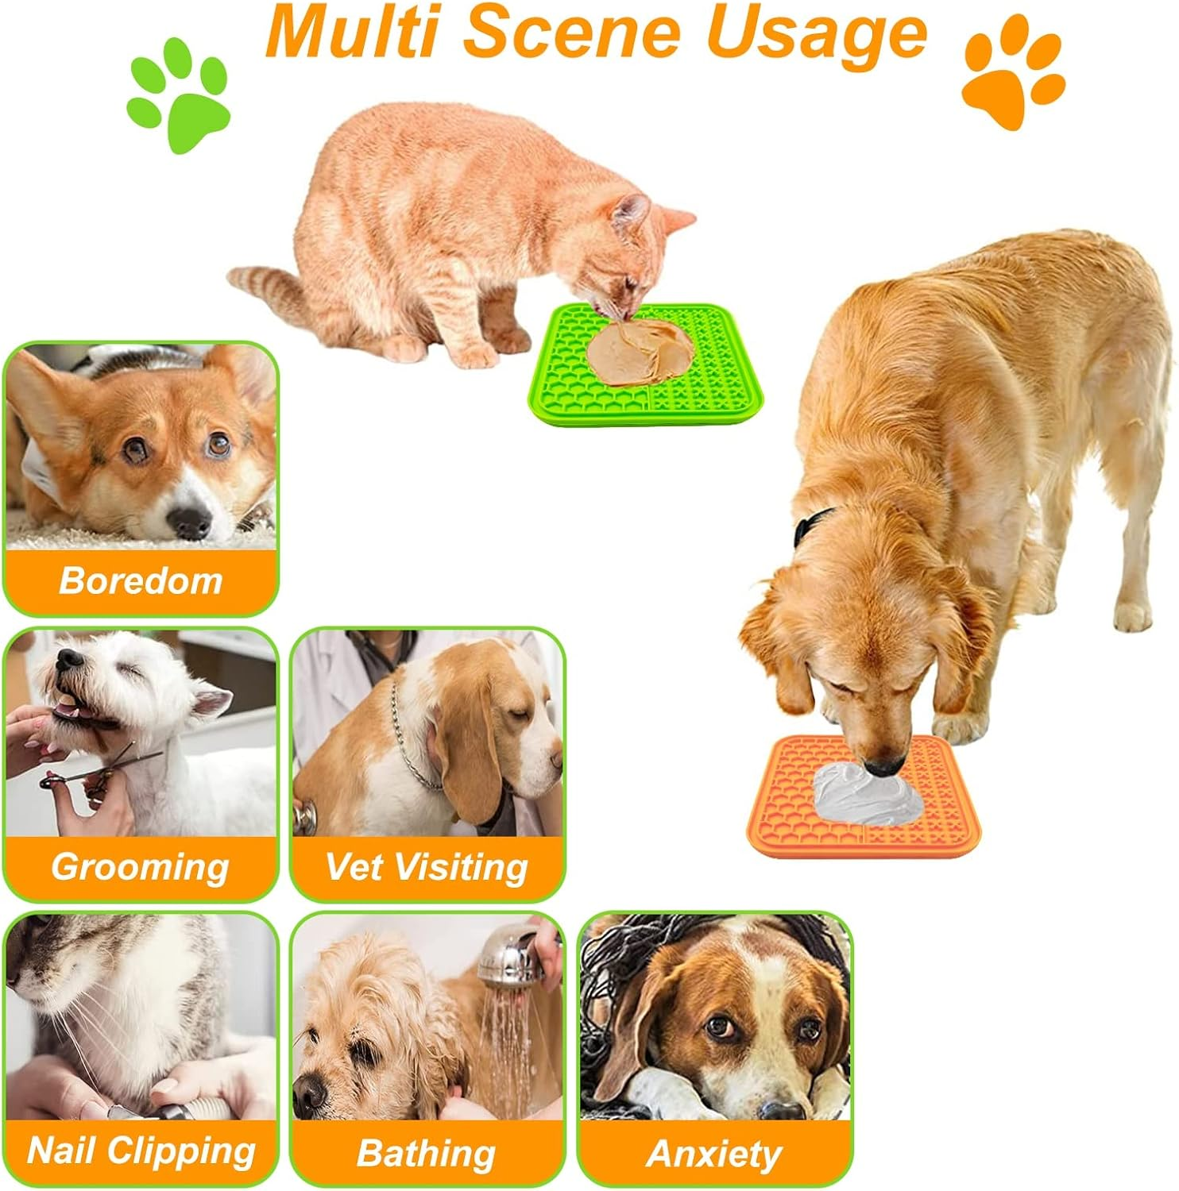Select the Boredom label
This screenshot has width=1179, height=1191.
click(141, 580)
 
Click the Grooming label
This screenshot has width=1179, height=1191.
click(141, 866)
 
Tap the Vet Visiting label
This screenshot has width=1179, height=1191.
click(427, 866)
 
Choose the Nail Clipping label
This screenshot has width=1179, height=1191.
click(141, 1151)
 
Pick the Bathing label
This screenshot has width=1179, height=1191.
click(427, 1153)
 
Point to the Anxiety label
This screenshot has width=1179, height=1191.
click(713, 1153)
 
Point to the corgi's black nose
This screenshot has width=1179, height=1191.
click(191, 520)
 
